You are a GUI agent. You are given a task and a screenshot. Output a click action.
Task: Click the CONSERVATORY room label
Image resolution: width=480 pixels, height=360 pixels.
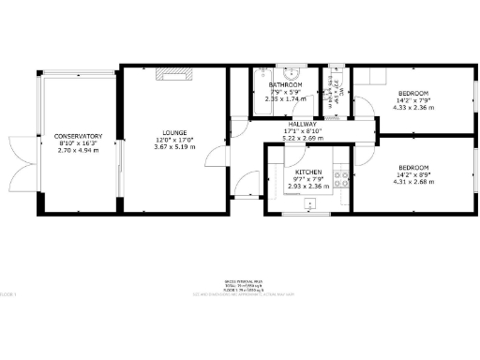pos(77,136)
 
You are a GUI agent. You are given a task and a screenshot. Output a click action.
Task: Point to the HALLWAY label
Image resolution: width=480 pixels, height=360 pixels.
pos(302,124)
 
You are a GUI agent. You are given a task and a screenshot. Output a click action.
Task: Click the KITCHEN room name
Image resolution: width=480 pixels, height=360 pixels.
pos(308,172)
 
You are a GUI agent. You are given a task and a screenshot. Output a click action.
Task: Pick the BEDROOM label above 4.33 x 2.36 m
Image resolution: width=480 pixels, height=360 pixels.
pos(413,94)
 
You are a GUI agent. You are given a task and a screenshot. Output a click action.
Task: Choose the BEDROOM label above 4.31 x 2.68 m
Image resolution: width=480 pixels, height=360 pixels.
pos(413,168)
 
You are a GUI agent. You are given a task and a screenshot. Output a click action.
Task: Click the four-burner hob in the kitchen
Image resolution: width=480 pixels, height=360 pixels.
pos(342,178)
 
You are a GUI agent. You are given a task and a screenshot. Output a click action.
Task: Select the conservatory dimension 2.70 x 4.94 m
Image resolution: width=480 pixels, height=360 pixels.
pos(77,150)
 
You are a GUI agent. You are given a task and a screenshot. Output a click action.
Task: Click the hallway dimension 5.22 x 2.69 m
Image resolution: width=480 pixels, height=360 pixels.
pos(302,138)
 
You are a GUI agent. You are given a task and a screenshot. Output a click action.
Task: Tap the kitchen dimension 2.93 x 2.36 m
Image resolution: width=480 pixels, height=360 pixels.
pos(308,187)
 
